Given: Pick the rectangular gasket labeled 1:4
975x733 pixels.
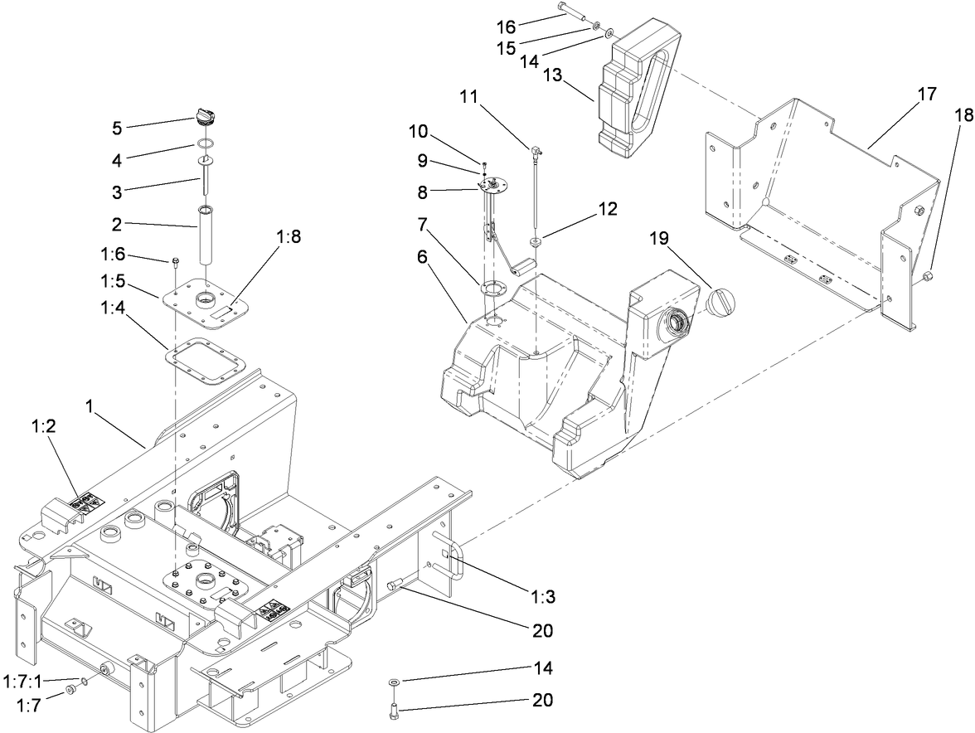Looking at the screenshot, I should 203,362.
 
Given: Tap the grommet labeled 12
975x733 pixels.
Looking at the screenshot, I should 536,242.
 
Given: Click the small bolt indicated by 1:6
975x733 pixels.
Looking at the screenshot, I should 175,265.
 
